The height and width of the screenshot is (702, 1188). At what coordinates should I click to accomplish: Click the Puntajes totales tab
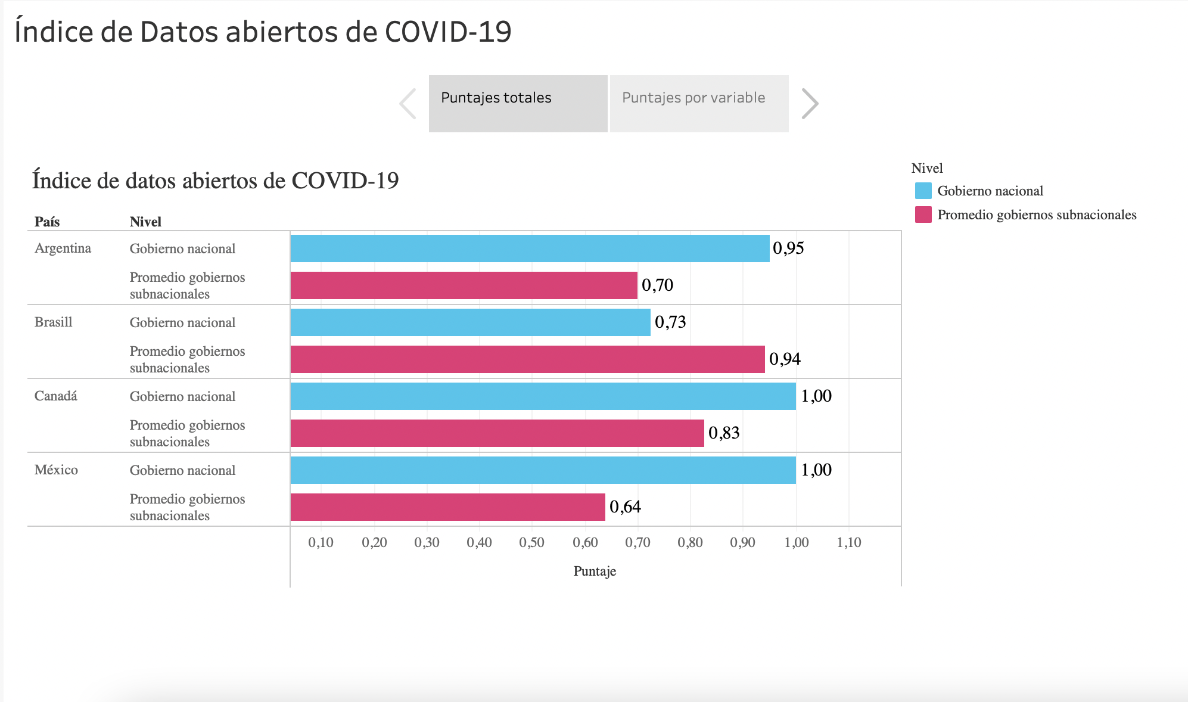tap(518, 103)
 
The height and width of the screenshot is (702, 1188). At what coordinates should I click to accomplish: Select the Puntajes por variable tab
tap(699, 103)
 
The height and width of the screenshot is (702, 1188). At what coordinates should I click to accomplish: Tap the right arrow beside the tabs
tap(810, 104)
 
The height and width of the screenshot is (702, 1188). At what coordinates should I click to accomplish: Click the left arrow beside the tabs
tap(408, 104)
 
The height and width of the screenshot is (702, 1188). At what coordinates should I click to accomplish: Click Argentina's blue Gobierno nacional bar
tap(530, 249)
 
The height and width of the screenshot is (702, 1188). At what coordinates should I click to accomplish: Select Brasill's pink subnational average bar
tap(527, 359)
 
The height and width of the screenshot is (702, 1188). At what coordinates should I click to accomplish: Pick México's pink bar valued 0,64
tap(447, 507)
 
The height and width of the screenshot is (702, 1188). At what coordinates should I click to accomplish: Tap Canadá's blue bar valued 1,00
tap(543, 396)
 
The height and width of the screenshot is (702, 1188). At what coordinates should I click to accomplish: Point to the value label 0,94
tap(785, 359)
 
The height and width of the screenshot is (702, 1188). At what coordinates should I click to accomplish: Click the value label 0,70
tap(657, 285)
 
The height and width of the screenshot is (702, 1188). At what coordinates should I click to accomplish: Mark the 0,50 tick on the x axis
tap(531, 542)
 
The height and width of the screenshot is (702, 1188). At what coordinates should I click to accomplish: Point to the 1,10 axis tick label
tap(849, 542)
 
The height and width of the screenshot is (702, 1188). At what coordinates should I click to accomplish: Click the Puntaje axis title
tap(595, 571)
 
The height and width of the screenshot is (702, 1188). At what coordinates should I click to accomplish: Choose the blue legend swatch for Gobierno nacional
tap(923, 191)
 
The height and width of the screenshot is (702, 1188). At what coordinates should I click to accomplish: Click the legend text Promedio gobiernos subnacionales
tap(1037, 215)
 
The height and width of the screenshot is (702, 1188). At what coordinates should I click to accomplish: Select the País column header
tap(47, 222)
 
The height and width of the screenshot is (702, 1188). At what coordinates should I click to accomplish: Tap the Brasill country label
tap(54, 322)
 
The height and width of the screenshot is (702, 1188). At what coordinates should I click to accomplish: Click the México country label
tap(56, 470)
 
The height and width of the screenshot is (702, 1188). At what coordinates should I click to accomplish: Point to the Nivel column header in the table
tap(145, 222)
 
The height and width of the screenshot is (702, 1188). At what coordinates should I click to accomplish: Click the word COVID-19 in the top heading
tap(448, 32)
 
